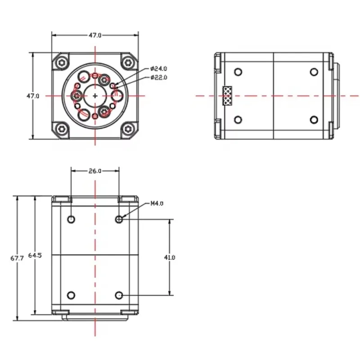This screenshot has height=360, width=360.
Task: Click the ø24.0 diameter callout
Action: coord(158,68)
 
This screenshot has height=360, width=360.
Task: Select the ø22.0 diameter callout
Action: coord(159,77)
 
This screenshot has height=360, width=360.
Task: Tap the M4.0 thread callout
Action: coord(157,203)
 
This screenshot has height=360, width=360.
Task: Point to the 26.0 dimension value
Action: coord(95,171)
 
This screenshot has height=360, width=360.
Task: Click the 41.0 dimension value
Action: coord(170,257)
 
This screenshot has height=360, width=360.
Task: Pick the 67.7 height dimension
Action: coord(17,258)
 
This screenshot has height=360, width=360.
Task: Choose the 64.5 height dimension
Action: coord(35,255)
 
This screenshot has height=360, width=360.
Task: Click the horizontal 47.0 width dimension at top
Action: coord(95,35)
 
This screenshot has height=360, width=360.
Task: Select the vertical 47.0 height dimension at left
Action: coord(33,96)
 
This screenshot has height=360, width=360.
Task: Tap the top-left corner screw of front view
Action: coord(62,63)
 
